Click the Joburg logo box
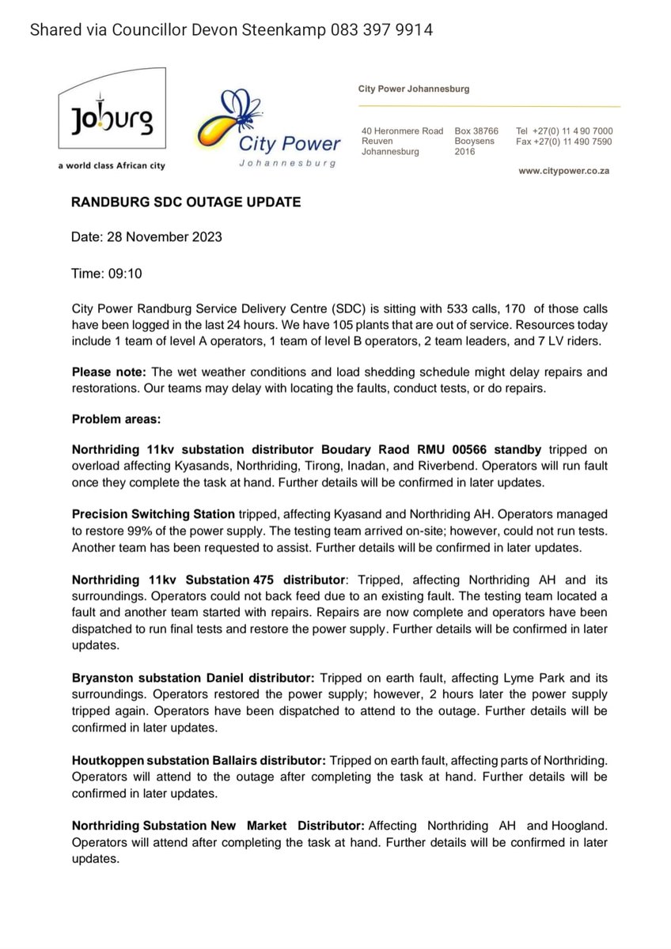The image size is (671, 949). tap(113, 110)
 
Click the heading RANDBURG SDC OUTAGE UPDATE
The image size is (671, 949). tap(186, 202)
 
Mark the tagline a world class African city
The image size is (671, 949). tap(112, 166)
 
